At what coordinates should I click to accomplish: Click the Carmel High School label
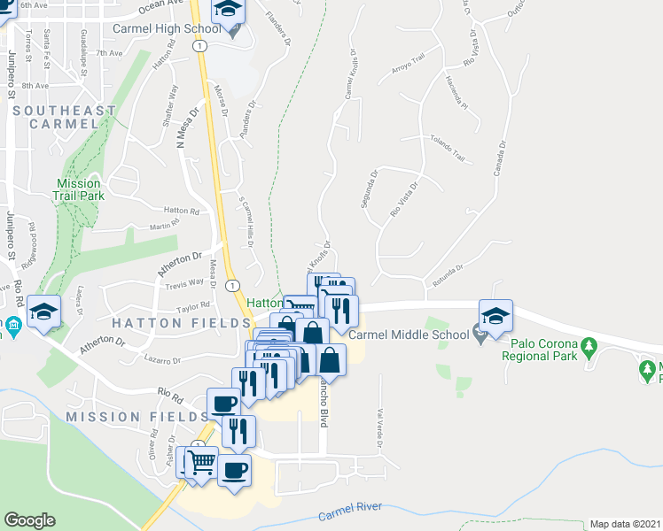[167, 29]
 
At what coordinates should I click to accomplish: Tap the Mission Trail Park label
[79, 189]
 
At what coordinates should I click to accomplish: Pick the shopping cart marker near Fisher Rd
[201, 461]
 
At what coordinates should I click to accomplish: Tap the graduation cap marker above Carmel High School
[228, 11]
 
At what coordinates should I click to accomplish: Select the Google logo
[29, 520]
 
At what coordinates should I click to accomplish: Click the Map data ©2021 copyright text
[626, 524]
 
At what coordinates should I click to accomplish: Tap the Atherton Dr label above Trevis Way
[180, 263]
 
